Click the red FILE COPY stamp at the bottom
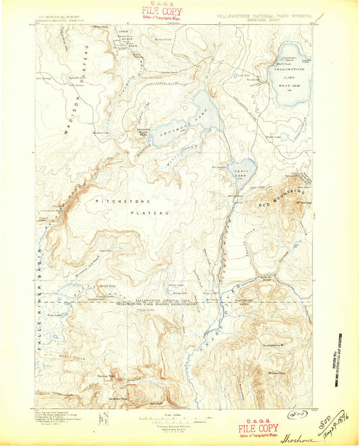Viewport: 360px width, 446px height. tap(257, 428)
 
